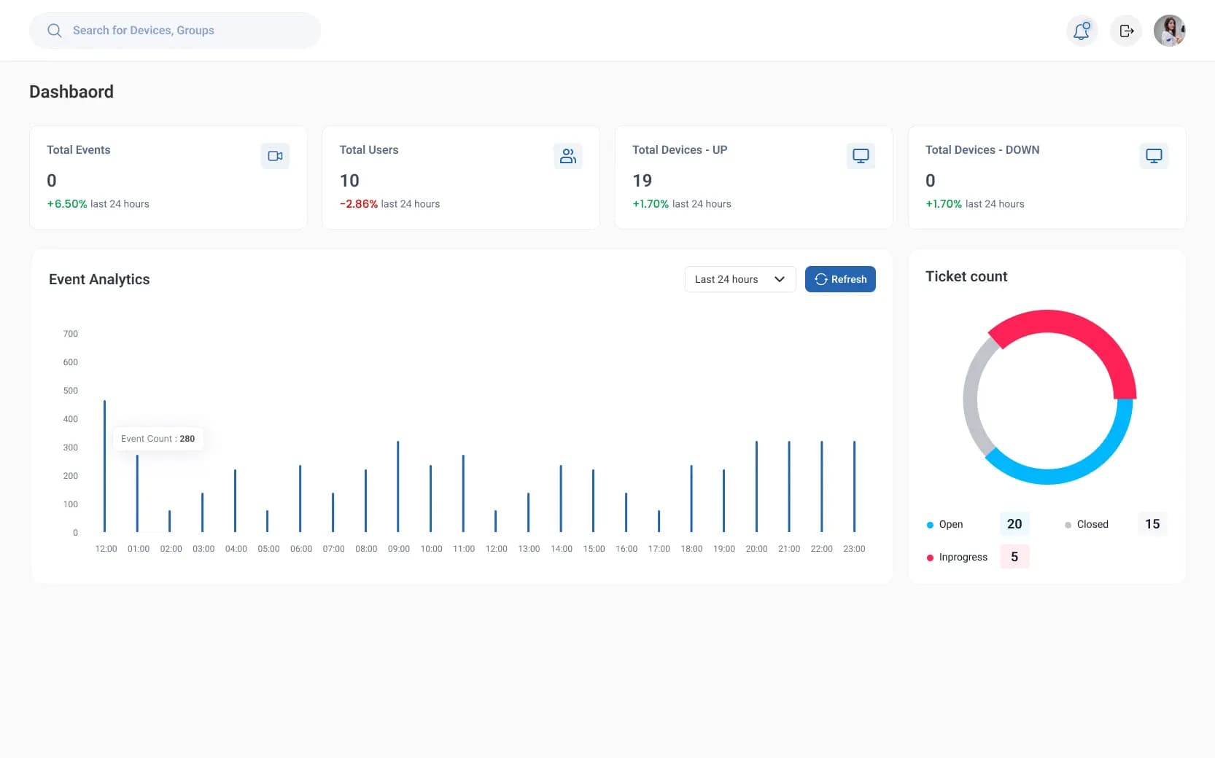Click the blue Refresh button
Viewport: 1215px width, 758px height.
pyautogui.click(x=840, y=279)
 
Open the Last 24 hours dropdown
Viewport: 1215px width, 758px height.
pyautogui.click(x=740, y=279)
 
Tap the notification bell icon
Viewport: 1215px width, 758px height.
pyautogui.click(x=1082, y=31)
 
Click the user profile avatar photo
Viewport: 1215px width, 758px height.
pyautogui.click(x=1169, y=31)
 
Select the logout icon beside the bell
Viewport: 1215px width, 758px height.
pyautogui.click(x=1126, y=31)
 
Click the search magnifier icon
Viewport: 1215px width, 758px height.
pyautogui.click(x=55, y=31)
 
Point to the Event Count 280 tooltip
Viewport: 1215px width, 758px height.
pyautogui.click(x=158, y=439)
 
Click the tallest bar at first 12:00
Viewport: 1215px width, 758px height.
pyautogui.click(x=105, y=466)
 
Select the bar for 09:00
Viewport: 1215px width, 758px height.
pyautogui.click(x=398, y=486)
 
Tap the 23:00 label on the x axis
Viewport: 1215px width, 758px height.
pyautogui.click(x=854, y=549)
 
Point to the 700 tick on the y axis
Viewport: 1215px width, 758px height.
pyautogui.click(x=71, y=334)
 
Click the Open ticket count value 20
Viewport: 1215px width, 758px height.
pyautogui.click(x=1014, y=524)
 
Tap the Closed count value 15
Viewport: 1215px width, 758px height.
pyautogui.click(x=1152, y=524)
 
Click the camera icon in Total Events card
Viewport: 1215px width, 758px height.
pyautogui.click(x=275, y=156)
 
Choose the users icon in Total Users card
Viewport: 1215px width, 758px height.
pyautogui.click(x=568, y=156)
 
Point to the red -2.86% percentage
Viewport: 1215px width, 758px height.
pyautogui.click(x=359, y=204)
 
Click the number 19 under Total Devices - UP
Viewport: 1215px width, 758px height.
pyautogui.click(x=643, y=181)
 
